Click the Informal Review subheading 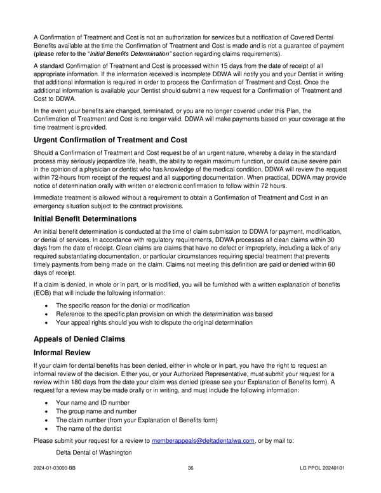[x=62, y=353]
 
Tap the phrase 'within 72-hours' [x=57, y=177]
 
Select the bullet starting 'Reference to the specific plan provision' [x=164, y=314]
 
